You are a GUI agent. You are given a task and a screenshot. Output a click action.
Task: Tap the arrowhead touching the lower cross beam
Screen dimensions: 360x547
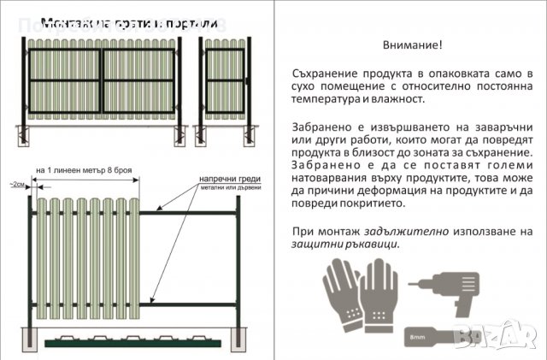tap(151, 302)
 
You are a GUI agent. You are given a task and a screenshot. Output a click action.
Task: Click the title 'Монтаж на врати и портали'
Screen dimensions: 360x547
tap(129, 21)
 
